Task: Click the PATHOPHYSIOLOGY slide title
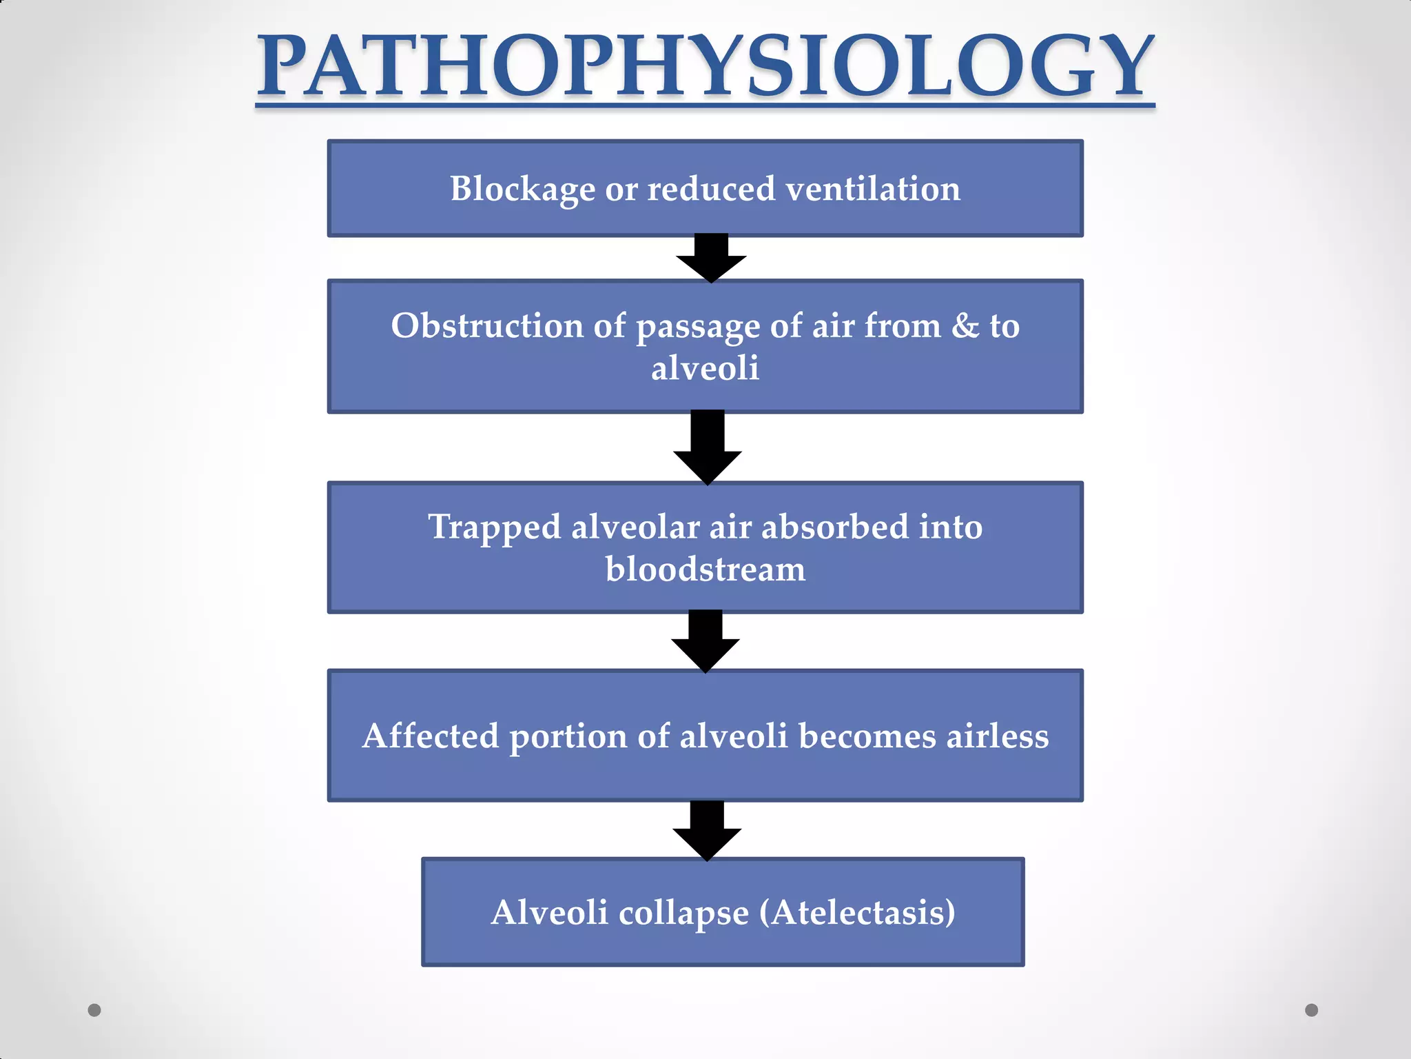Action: tap(705, 67)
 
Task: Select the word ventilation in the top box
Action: tap(873, 189)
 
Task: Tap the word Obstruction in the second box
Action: tap(487, 325)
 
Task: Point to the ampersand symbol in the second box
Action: tap(965, 325)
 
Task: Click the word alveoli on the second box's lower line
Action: tap(705, 368)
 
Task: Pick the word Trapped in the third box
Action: tap(494, 527)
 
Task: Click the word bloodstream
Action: tap(705, 569)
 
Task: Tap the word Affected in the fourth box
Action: tap(430, 736)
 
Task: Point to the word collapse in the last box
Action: tap(683, 913)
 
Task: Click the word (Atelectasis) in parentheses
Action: tap(857, 913)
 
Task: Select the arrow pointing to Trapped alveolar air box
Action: tap(708, 448)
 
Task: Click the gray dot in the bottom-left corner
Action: tap(94, 1010)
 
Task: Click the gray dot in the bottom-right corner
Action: tap(1312, 1010)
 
